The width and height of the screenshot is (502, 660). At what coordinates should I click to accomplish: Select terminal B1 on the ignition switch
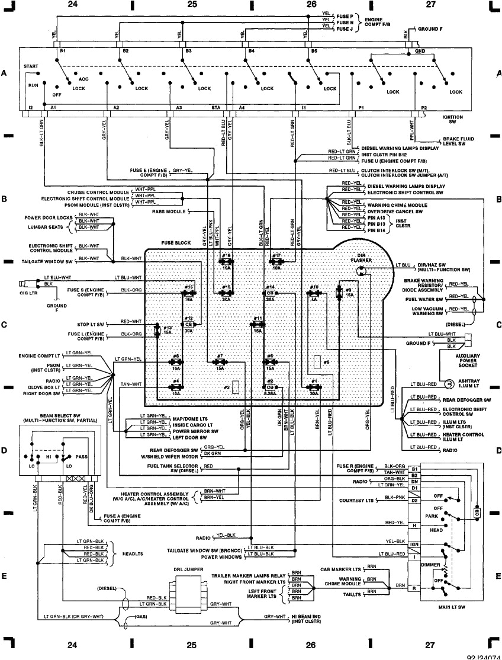click(62, 52)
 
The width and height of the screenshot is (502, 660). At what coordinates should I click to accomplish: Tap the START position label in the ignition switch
click(31, 67)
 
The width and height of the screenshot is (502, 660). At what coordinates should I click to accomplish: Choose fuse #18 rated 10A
click(227, 261)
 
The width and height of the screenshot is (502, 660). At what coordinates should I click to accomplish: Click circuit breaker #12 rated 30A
click(189, 328)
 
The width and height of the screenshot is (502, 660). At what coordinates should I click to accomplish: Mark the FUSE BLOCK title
click(176, 243)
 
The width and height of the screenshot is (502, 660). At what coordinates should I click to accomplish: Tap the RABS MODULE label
click(169, 211)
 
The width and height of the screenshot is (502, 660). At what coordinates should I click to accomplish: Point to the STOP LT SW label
click(91, 325)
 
